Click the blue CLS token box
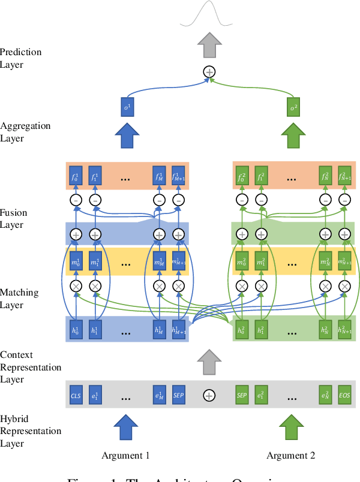pyautogui.click(x=76, y=395)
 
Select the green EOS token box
pyautogui.click(x=344, y=395)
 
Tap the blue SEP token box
pyautogui.click(x=178, y=395)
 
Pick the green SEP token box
pyautogui.click(x=242, y=395)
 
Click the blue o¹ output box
pyautogui.click(x=126, y=107)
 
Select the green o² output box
pyautogui.click(x=293, y=107)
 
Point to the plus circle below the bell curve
pyautogui.click(x=209, y=72)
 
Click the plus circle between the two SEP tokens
pyautogui.click(x=209, y=395)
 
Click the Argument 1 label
pyautogui.click(x=126, y=456)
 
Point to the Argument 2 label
pyautogui.click(x=291, y=456)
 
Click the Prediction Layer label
pyautogui.click(x=21, y=58)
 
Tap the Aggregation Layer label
pyautogui.click(x=25, y=132)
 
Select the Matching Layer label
pyautogui.click(x=19, y=299)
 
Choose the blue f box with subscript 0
pyautogui.click(x=76, y=176)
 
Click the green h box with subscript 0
pyautogui.click(x=242, y=329)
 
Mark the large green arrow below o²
pyautogui.click(x=293, y=135)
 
